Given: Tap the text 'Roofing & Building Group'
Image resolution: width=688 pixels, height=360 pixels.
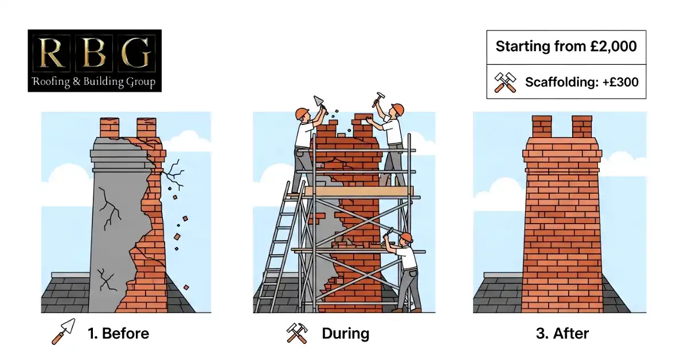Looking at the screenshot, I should coord(95,82).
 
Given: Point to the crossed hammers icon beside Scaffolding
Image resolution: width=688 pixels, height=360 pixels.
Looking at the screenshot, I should coord(505,83).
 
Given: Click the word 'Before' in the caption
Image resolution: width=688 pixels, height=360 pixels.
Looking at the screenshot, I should coord(126,334).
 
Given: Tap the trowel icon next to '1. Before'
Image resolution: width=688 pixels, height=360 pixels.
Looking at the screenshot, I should coord(64,332).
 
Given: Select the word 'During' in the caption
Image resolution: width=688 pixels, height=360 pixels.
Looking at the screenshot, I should coord(345,334).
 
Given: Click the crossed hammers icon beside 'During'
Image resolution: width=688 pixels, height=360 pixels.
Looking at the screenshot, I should coord(297,333).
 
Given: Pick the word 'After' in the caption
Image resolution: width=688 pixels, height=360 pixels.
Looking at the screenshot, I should coord(572,334).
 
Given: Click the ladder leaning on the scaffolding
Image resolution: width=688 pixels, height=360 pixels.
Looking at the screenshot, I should coord(280,252).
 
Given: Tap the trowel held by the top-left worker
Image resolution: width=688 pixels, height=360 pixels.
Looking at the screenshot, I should coord(318,101).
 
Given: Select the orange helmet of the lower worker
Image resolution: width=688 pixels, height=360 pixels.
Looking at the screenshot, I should coord(406,237).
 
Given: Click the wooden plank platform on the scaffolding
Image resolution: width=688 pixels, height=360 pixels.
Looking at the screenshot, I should coord(358,191).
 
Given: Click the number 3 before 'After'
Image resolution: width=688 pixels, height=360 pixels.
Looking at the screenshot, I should coord(540,334).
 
